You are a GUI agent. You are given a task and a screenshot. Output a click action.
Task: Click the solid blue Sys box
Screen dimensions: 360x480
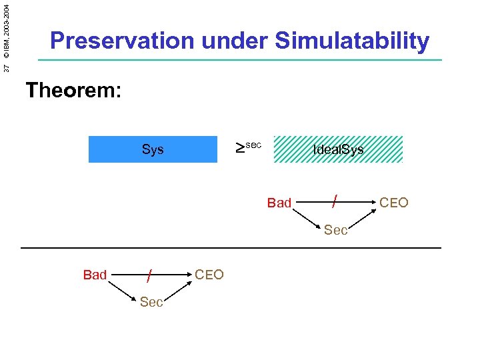pos(153,149)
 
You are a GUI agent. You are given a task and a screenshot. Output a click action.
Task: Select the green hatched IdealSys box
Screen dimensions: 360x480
pos(339,149)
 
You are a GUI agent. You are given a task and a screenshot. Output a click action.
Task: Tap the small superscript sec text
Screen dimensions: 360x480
pos(254,144)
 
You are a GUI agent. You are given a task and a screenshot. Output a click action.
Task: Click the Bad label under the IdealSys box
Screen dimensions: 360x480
pos(279,203)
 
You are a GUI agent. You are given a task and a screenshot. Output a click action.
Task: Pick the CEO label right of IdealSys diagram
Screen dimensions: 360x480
pos(394,203)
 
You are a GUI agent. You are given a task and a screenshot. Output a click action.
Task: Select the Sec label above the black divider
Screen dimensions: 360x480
pos(335,231)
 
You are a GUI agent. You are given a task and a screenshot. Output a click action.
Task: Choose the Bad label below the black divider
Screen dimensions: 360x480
pos(95,275)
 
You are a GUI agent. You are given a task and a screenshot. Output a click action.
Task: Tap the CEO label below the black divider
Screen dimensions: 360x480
pos(209,275)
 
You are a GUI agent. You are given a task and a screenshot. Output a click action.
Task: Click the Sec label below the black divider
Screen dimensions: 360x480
pos(151,303)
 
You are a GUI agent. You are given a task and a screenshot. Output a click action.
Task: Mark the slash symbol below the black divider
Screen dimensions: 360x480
pos(151,274)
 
